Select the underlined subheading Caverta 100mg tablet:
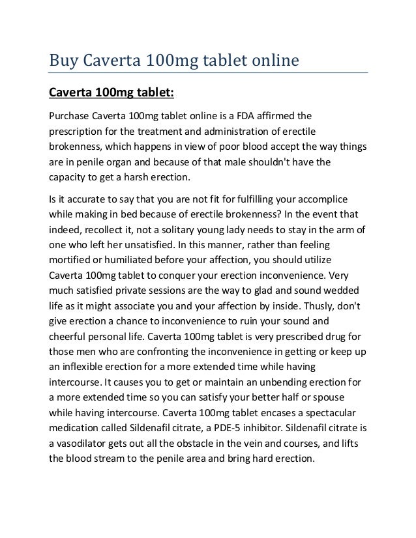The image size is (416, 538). coord(111,92)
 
